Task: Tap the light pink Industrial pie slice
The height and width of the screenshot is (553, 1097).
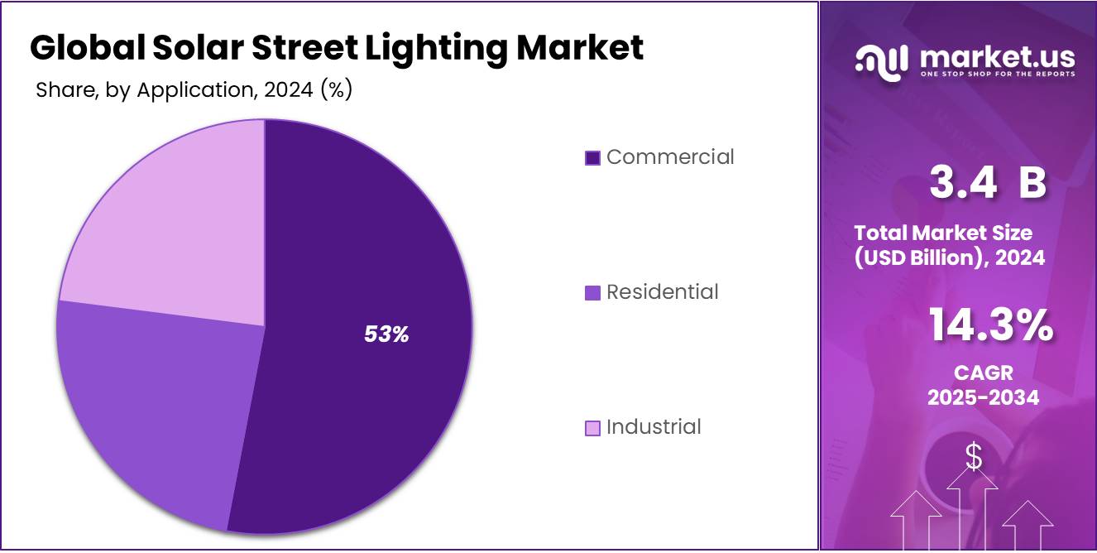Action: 174,224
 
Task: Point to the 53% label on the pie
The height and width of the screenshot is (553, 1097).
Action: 386,334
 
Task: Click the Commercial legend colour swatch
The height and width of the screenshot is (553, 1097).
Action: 592,158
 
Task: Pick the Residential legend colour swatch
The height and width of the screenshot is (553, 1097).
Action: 592,293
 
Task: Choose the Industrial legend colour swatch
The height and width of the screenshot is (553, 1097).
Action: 592,428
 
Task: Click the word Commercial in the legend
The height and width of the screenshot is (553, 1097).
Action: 670,157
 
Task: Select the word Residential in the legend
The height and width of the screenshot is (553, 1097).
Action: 662,292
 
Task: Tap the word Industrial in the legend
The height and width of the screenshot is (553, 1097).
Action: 654,427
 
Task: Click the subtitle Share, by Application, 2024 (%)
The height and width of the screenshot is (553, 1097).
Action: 194,90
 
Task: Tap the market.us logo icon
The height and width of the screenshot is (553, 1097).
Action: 882,62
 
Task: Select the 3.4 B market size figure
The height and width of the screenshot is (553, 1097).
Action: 987,183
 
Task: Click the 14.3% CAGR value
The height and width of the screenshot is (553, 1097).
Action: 990,325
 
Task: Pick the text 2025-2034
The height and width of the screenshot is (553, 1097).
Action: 983,397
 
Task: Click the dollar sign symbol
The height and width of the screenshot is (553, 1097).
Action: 974,457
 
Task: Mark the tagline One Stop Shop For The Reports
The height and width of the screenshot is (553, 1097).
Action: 997,74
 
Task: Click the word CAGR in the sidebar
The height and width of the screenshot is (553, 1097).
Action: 983,373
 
